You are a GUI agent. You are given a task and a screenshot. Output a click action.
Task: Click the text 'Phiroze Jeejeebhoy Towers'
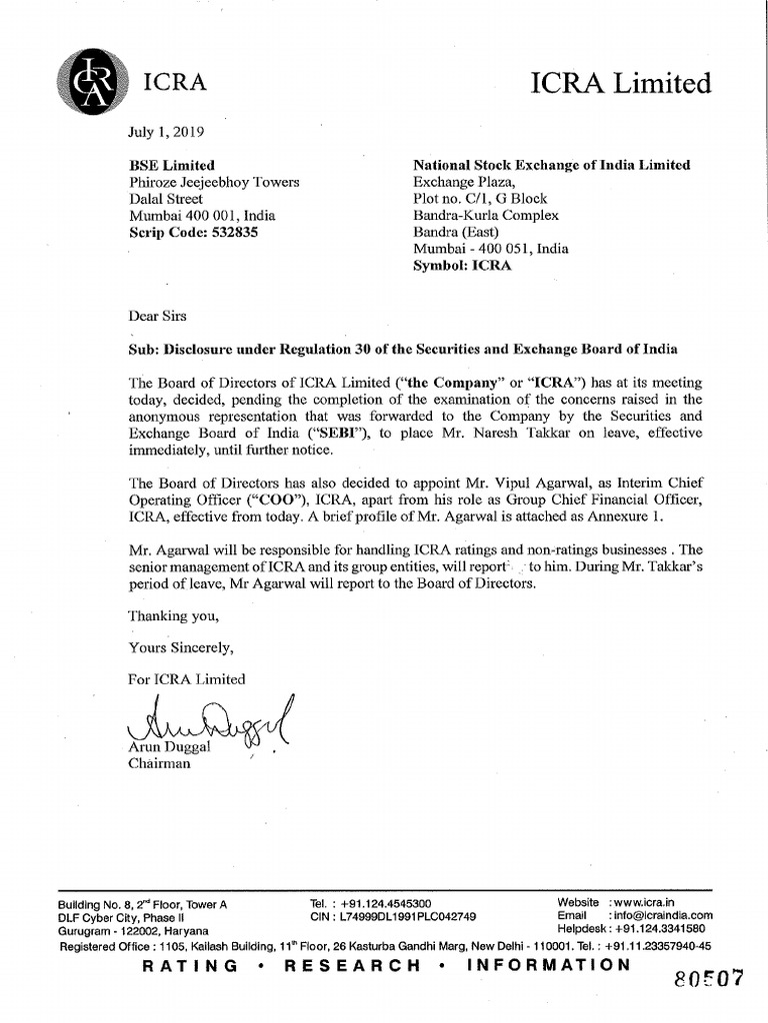[x=214, y=182]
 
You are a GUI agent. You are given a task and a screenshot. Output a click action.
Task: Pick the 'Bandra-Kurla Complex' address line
[x=486, y=216]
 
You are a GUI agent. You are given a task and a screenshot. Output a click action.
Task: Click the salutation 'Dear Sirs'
[x=159, y=316]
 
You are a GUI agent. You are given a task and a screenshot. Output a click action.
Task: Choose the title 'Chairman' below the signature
[x=159, y=764]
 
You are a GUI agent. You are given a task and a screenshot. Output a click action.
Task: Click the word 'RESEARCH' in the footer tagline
[x=354, y=965]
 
